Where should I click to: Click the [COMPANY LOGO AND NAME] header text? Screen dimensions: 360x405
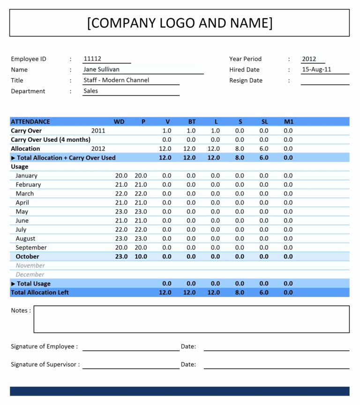[180, 23]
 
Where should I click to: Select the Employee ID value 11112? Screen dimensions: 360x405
[92, 59]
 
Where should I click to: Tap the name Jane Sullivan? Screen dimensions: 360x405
[101, 69]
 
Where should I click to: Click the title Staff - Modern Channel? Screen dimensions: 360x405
[116, 80]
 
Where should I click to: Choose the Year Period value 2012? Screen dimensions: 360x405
[309, 59]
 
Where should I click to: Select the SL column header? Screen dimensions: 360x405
[264, 122]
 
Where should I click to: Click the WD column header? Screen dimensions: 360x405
[119, 122]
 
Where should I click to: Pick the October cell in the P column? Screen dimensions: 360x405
[141, 257]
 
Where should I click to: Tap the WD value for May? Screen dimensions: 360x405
[121, 212]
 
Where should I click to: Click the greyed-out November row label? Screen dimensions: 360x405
[30, 265]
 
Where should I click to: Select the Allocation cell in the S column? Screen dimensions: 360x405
[240, 149]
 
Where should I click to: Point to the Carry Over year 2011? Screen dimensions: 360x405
[98, 131]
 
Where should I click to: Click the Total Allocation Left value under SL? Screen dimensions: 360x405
[264, 293]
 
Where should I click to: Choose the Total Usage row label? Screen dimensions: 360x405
[33, 284]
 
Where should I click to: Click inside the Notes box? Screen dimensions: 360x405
[191, 319]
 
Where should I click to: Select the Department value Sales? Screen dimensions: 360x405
[91, 91]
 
